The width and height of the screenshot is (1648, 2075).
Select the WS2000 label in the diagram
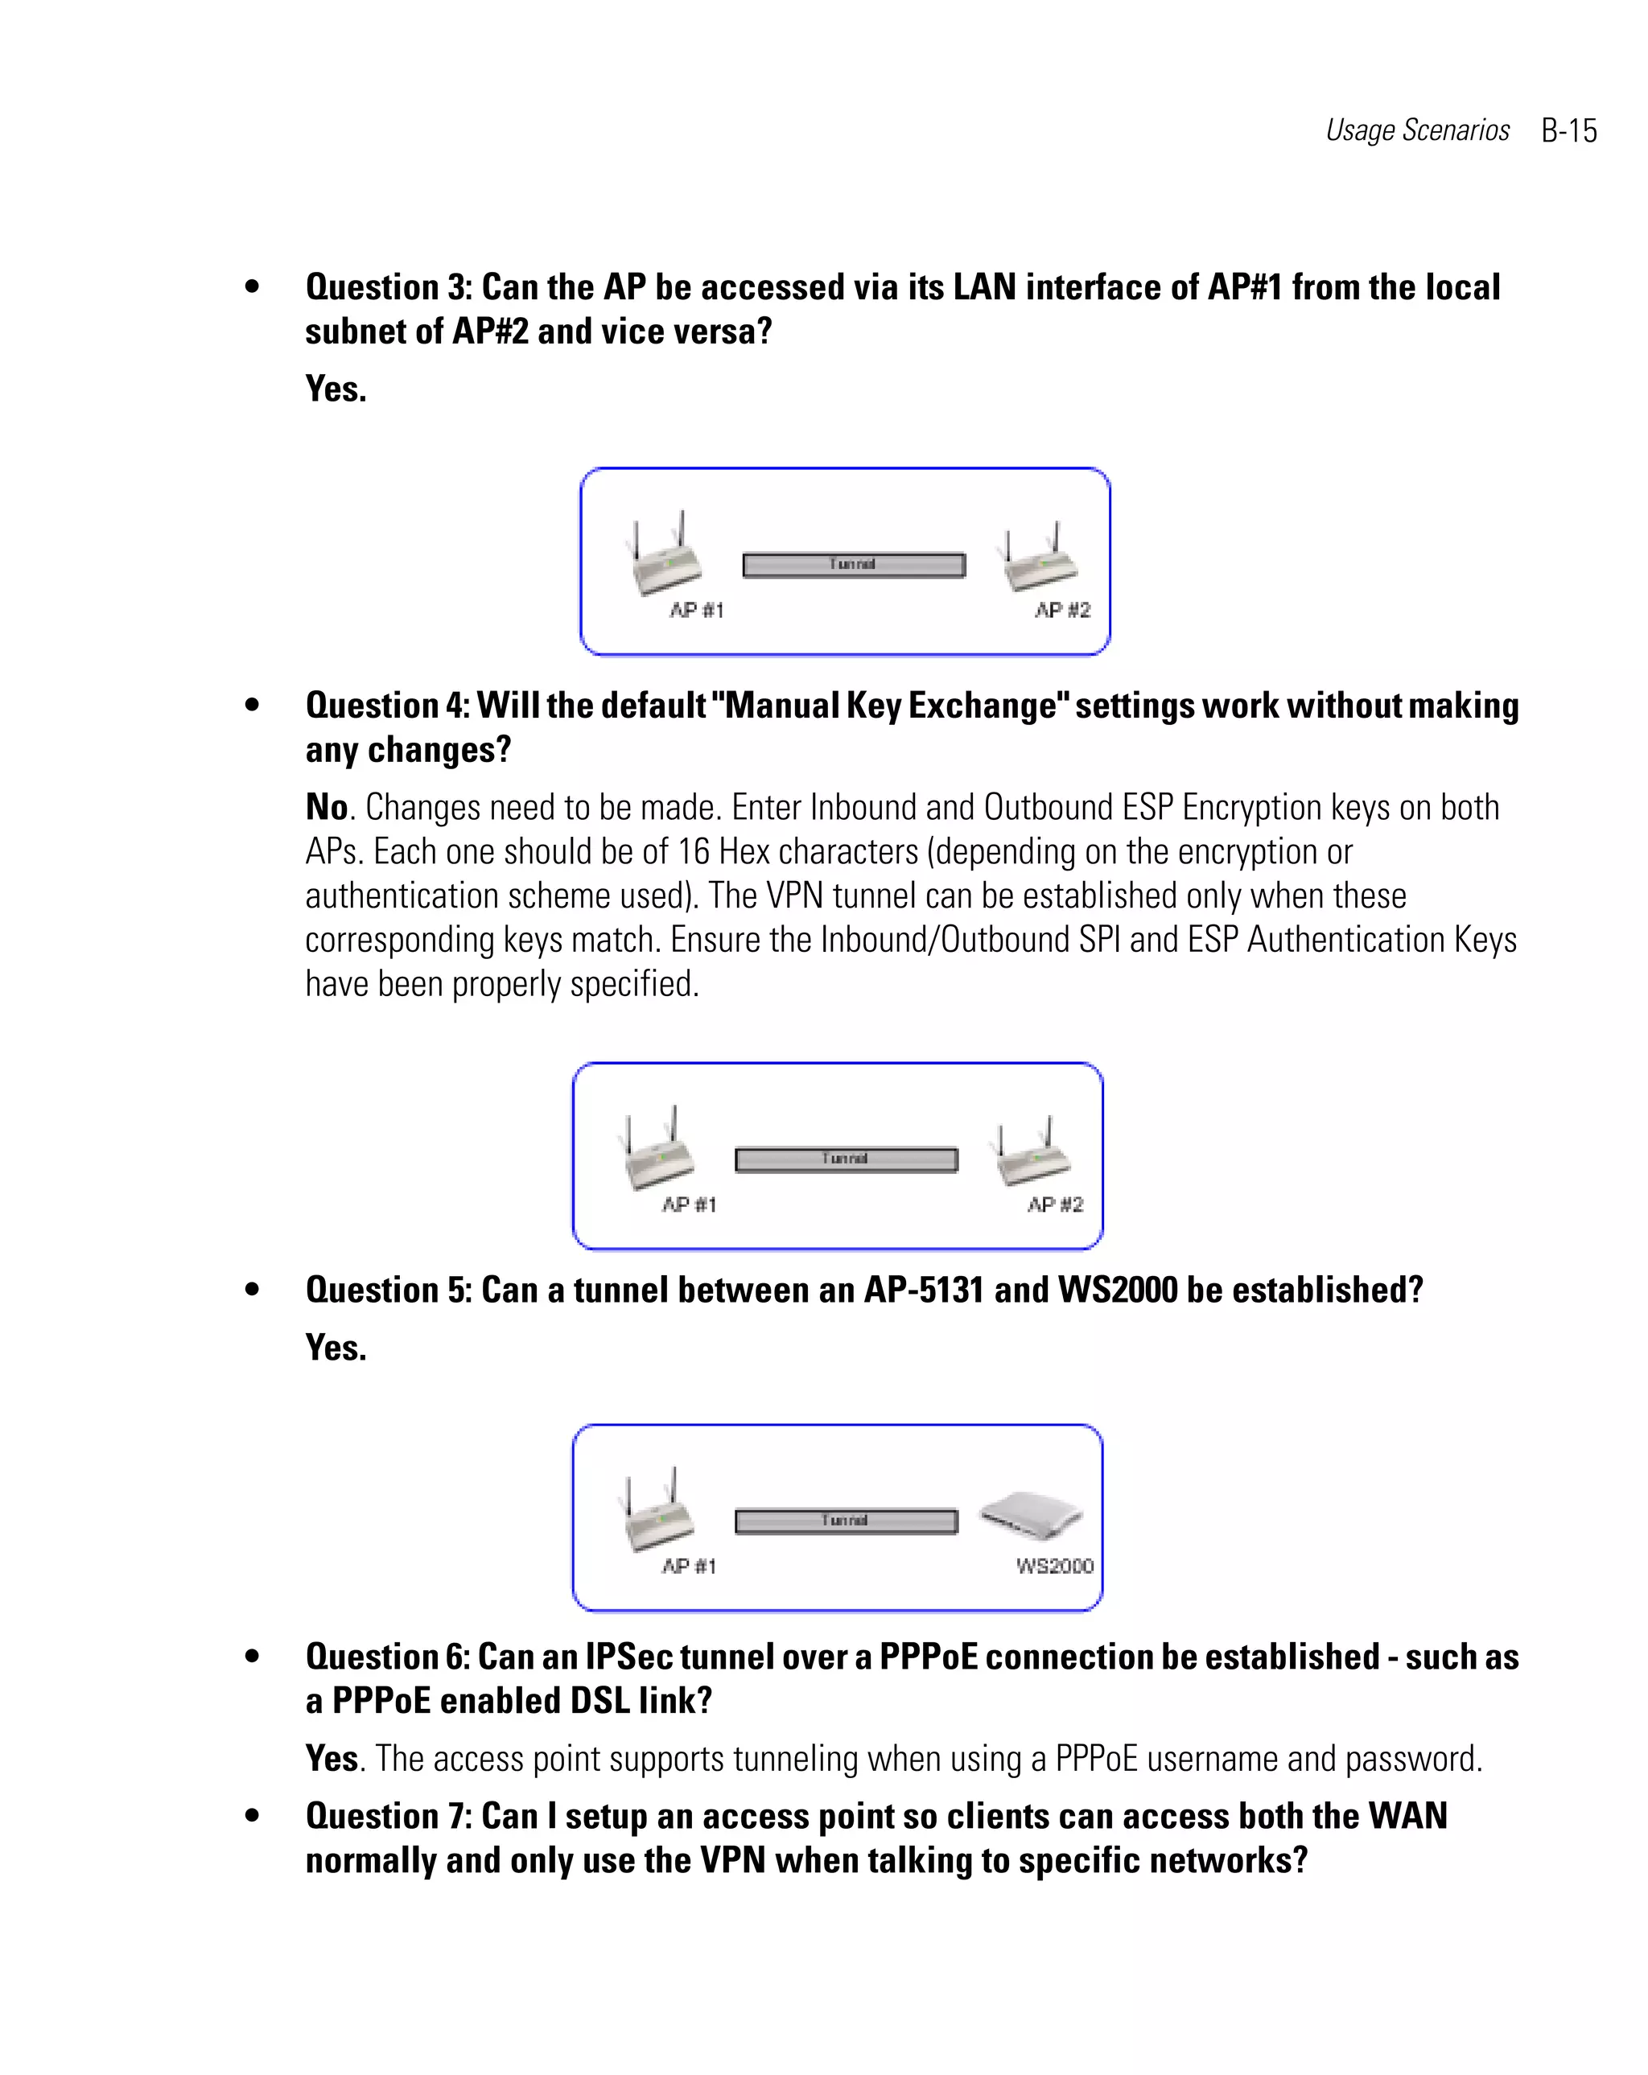(x=1054, y=1566)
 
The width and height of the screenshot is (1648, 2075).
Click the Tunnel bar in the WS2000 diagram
(x=845, y=1521)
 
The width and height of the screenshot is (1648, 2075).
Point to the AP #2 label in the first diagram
(x=1061, y=610)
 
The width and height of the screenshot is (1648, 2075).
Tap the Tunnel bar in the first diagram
(x=853, y=565)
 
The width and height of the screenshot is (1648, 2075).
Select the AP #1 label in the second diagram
(x=688, y=1205)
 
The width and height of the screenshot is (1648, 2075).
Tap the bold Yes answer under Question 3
(x=335, y=389)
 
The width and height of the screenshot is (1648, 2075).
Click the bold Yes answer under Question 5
(x=335, y=1348)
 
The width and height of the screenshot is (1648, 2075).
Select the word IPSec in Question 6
(x=629, y=1657)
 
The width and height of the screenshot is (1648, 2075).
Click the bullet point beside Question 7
(x=252, y=1816)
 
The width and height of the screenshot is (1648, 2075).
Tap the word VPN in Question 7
(x=732, y=1860)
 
